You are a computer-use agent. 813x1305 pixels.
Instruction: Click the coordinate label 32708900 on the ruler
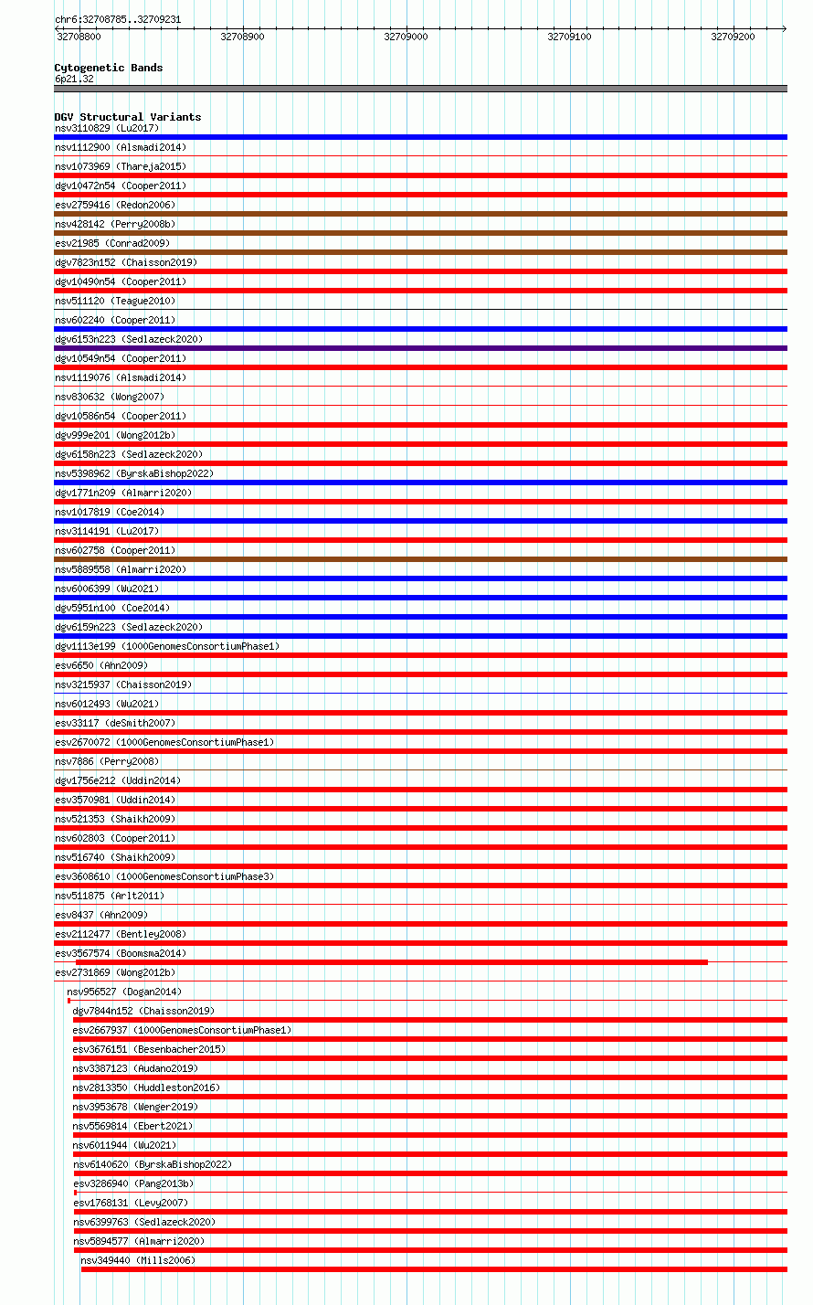pyautogui.click(x=242, y=37)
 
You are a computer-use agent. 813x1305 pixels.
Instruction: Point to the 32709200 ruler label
pyautogui.click(x=733, y=37)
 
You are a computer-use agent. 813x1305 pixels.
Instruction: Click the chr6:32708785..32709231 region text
pyautogui.click(x=117, y=19)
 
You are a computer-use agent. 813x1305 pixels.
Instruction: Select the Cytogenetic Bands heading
pyautogui.click(x=108, y=68)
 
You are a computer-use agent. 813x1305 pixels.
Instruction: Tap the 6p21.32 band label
pyautogui.click(x=74, y=79)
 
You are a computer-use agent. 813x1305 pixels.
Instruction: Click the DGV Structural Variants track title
pyautogui.click(x=127, y=117)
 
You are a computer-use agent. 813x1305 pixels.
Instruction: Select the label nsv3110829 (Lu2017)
pyautogui.click(x=106, y=128)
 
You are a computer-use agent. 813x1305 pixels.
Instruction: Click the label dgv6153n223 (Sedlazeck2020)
pyautogui.click(x=128, y=339)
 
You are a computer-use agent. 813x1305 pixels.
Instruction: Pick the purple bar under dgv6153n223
pyautogui.click(x=420, y=348)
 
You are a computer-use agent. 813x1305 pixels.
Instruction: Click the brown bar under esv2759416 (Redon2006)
pyautogui.click(x=420, y=214)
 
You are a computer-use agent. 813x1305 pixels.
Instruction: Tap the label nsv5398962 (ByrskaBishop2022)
pyautogui.click(x=133, y=473)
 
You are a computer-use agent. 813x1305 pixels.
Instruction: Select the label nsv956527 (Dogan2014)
pyautogui.click(x=123, y=992)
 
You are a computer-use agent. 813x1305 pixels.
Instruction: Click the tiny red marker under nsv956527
pyautogui.click(x=69, y=1001)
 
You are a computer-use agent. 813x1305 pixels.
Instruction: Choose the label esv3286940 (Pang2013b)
pyautogui.click(x=132, y=1183)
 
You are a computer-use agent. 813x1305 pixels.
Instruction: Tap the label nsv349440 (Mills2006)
pyautogui.click(x=137, y=1260)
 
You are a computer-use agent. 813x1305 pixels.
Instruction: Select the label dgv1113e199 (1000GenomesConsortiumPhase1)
pyautogui.click(x=166, y=646)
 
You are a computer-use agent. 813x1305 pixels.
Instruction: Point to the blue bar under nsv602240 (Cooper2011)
pyautogui.click(x=420, y=329)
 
